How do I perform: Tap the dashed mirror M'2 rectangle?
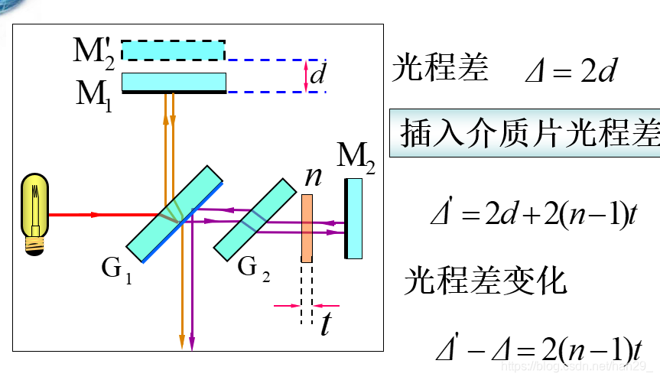coord(174,50)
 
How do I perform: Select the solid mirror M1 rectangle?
coord(174,82)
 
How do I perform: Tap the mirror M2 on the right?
coord(353,218)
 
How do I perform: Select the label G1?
coord(116,269)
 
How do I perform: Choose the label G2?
coord(253,269)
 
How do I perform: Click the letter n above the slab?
coord(313,177)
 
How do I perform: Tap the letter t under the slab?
coord(326,324)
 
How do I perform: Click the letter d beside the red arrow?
coord(318,75)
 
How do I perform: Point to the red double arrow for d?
coord(306,76)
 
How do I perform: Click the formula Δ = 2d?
coord(570,72)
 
